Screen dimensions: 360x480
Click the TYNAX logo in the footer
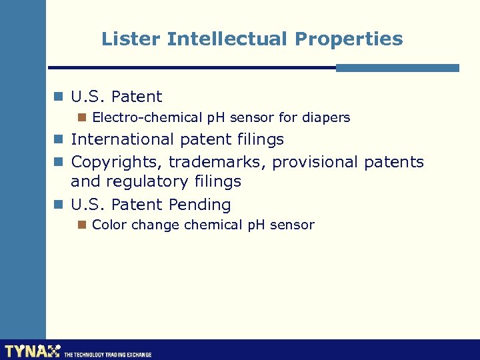(32, 351)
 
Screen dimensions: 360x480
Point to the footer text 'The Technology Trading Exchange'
(108, 355)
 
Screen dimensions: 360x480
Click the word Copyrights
(117, 162)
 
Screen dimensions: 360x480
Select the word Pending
(199, 205)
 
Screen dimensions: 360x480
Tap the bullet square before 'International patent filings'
(59, 140)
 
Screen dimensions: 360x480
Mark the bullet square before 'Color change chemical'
(81, 225)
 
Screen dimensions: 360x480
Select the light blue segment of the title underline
(397, 68)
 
